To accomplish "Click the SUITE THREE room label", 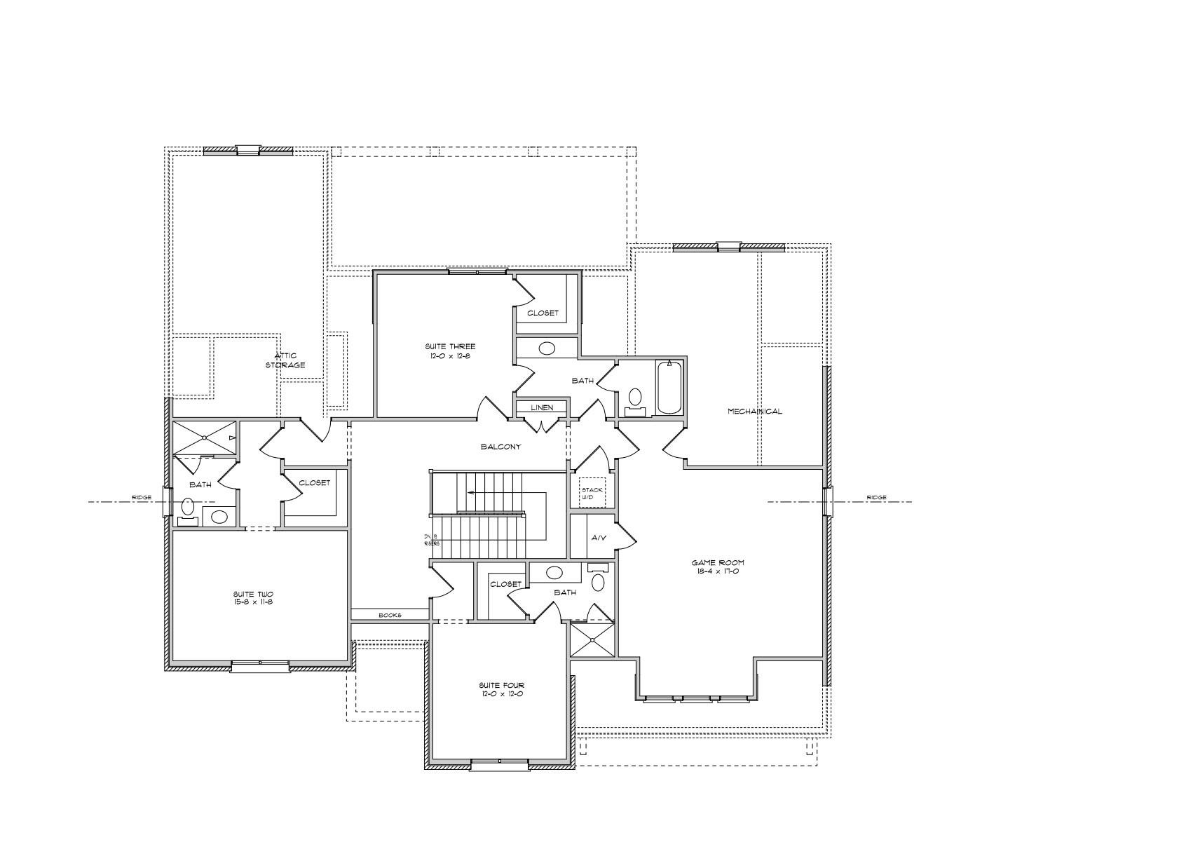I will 450,351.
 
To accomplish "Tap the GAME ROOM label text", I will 718,567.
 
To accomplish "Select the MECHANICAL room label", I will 754,412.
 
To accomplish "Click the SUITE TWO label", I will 253,598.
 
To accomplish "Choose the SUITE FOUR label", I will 501,689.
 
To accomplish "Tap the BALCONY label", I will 500,447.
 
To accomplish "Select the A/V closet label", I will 598,538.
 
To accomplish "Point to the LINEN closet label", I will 541,407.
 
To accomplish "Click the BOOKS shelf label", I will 390,615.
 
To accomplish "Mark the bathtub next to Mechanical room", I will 670,387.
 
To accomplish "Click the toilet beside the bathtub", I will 635,398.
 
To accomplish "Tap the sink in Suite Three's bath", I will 547,348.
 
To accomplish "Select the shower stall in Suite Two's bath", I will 205,438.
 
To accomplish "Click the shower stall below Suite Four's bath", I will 593,639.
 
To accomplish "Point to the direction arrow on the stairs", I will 471,492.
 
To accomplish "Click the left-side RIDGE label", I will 142,498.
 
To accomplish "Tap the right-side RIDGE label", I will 876,498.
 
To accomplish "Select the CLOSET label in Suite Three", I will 543,313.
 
